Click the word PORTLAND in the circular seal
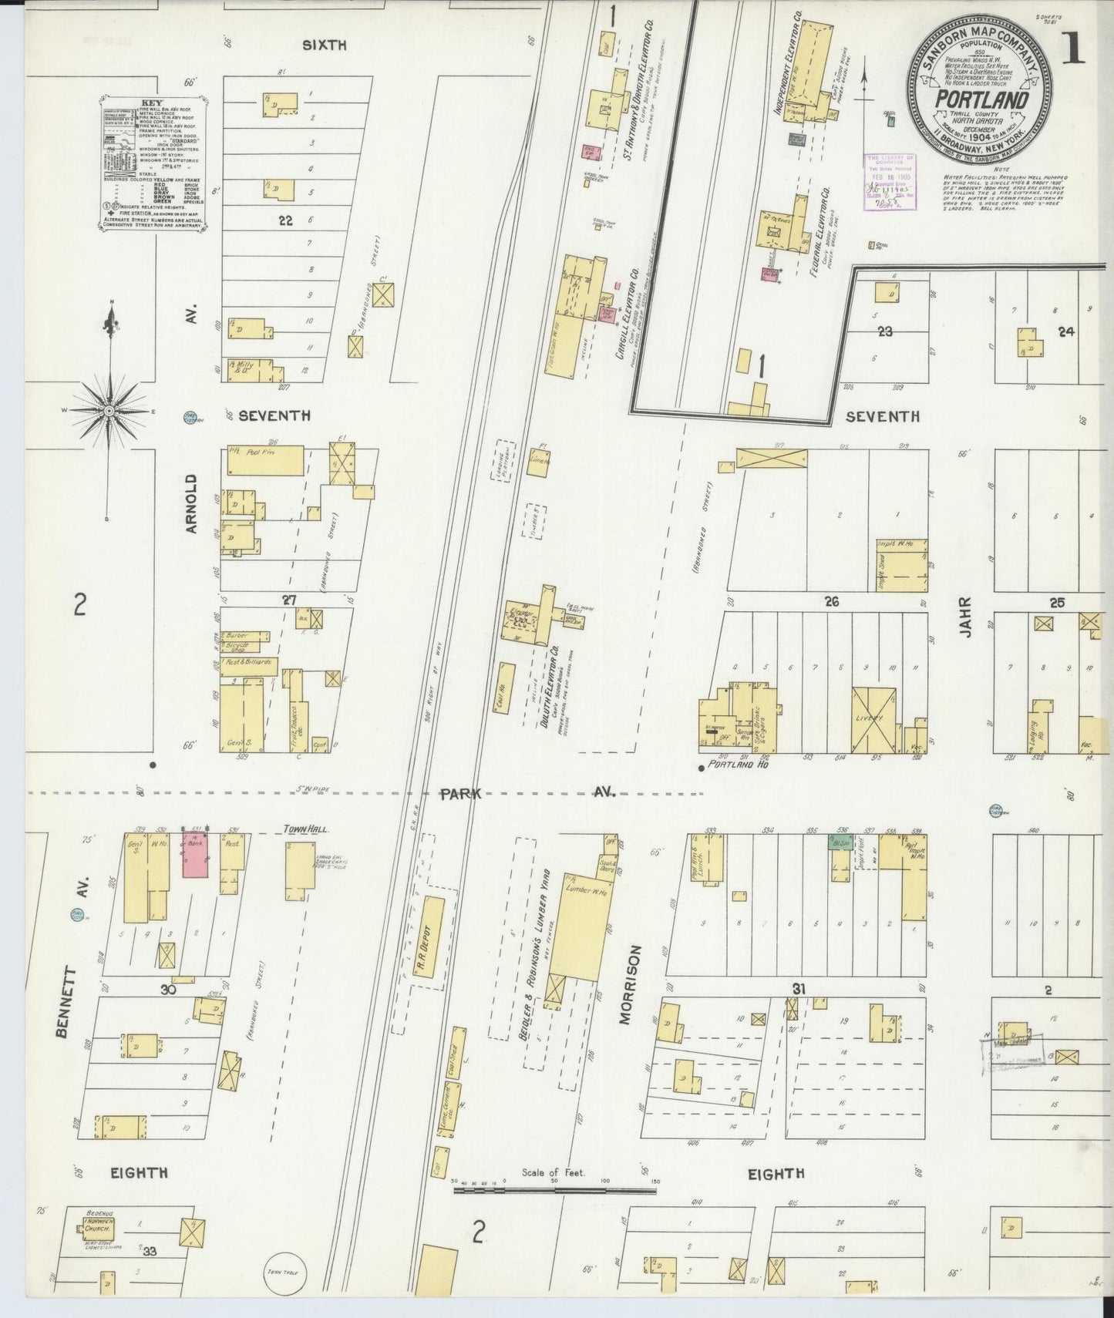981,101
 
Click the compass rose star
109,411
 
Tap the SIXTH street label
324,45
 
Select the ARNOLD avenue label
192,504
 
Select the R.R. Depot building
429,943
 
